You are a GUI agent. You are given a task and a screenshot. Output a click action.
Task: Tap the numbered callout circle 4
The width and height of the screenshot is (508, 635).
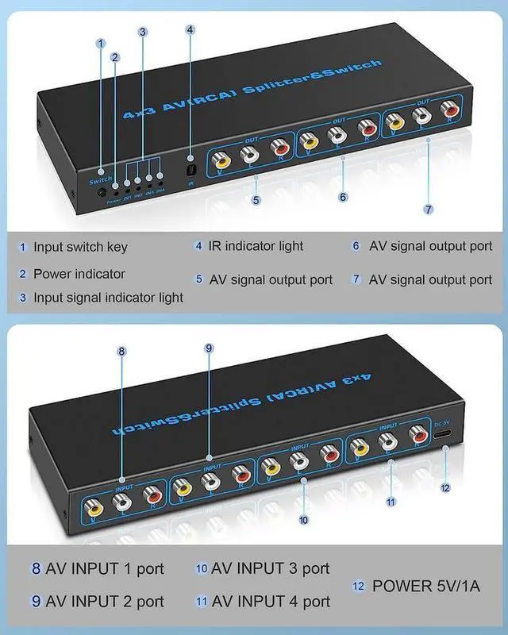tap(190, 30)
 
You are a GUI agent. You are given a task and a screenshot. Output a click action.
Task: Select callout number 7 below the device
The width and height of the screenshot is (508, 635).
tap(428, 210)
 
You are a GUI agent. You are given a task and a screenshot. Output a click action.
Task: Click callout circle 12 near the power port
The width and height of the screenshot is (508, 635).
tap(445, 487)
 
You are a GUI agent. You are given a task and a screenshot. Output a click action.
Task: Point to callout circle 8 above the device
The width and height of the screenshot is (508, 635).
tap(122, 352)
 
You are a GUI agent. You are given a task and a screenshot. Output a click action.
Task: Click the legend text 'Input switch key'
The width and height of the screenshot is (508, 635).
tap(80, 247)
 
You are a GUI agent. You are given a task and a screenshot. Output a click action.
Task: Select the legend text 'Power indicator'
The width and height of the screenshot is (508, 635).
tap(79, 274)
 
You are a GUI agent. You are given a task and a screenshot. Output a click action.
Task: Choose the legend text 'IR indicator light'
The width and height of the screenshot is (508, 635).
tap(256, 246)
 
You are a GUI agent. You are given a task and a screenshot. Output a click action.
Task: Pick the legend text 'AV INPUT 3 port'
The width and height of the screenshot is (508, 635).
tap(271, 568)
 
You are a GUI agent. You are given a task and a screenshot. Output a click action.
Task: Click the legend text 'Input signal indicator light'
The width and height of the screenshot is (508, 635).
tap(108, 298)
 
